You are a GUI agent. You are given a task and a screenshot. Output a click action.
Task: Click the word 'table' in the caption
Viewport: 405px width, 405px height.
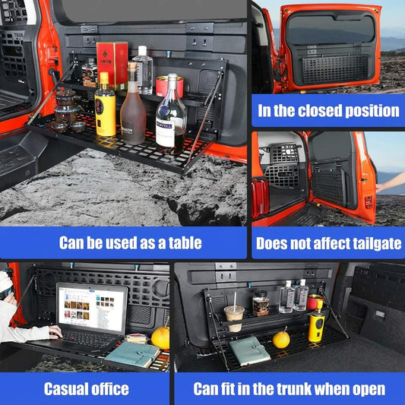[x=182, y=243]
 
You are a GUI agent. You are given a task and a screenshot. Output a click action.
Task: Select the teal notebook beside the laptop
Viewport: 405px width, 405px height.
[x=131, y=353]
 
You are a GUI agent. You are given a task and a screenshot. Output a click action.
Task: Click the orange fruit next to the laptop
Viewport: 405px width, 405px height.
[x=160, y=337]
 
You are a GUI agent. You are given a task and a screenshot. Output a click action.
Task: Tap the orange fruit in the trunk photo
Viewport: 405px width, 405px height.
[x=281, y=340]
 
